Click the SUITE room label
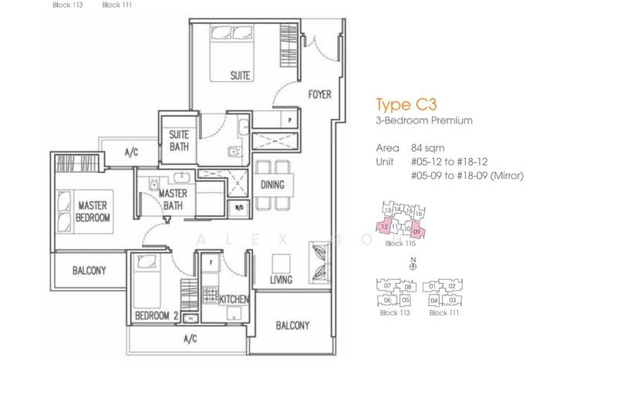[241, 76]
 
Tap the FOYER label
[319, 95]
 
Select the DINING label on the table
[272, 185]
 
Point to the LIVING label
[281, 280]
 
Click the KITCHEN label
[233, 299]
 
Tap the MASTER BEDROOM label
[93, 211]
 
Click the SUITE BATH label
[179, 140]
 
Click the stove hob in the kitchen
[208, 296]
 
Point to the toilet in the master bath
[154, 185]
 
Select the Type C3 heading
[400, 105]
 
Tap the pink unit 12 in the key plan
[383, 227]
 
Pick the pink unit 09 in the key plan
[417, 230]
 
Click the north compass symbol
[413, 266]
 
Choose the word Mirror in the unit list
[506, 176]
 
